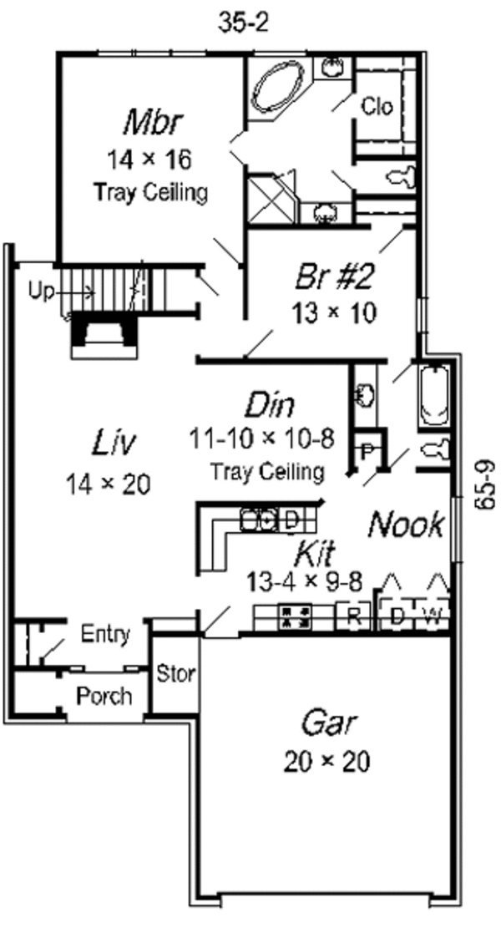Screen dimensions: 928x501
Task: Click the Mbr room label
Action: [150, 123]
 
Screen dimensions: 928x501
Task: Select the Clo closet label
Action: [377, 106]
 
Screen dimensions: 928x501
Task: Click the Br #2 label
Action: [332, 276]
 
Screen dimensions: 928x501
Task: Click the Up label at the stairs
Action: [38, 292]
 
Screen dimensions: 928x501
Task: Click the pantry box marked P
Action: [367, 450]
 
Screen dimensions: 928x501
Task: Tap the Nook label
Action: [406, 525]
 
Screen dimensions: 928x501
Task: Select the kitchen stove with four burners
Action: [295, 616]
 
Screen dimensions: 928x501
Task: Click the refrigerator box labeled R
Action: [352, 618]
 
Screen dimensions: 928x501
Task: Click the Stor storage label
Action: [175, 673]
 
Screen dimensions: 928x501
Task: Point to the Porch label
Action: [104, 695]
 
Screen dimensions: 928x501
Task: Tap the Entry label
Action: [105, 635]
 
